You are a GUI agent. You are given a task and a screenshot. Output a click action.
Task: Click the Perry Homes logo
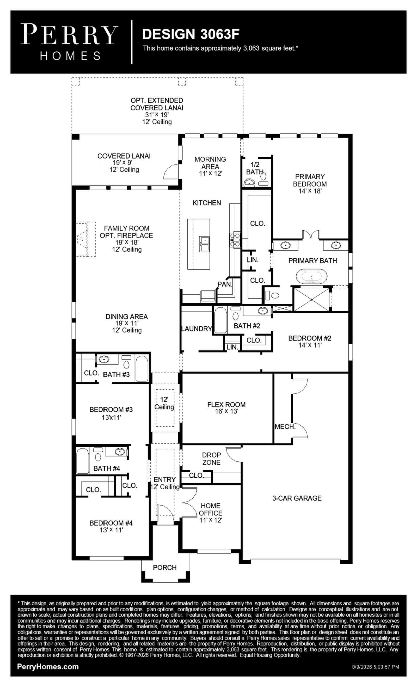(69, 42)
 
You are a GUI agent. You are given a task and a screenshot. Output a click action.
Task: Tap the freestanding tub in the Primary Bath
(312, 276)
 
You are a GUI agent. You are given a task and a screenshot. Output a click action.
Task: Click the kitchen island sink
(204, 244)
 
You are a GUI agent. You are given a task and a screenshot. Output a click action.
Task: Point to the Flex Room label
(226, 405)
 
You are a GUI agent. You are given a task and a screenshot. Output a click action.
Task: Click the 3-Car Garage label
(297, 498)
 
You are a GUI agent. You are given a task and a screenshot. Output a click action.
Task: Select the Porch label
(165, 567)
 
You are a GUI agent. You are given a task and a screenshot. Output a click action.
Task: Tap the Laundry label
(197, 329)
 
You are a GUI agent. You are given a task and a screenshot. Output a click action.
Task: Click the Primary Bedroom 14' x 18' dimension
(310, 191)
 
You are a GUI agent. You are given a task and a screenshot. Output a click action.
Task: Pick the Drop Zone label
(211, 459)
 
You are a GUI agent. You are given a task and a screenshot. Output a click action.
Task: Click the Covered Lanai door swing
(171, 171)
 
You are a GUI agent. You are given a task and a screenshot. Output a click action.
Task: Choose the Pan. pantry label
(225, 284)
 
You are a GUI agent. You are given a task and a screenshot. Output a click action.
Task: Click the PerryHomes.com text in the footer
(48, 666)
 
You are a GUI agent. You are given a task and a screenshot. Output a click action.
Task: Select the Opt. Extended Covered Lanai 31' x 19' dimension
(157, 115)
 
